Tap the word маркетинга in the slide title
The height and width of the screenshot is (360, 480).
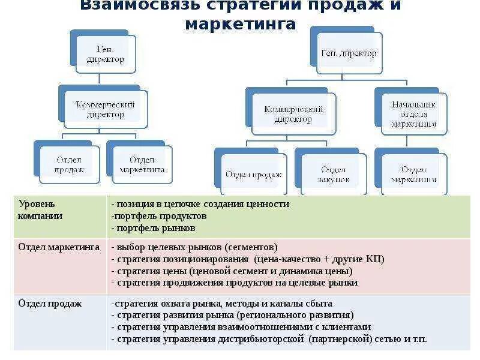[x=241, y=24]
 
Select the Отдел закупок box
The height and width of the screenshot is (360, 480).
[x=334, y=175]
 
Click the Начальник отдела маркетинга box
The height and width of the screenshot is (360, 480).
[x=414, y=113]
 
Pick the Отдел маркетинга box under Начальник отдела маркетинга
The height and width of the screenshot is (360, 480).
[x=414, y=175]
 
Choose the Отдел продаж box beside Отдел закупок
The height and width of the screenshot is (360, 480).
[x=253, y=175]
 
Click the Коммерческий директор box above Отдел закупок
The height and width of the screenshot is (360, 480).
[x=294, y=114]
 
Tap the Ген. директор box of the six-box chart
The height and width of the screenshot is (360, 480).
[x=349, y=53]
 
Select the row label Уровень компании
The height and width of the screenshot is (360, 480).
[x=40, y=209]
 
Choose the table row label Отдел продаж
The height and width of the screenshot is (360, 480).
[x=50, y=304]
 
